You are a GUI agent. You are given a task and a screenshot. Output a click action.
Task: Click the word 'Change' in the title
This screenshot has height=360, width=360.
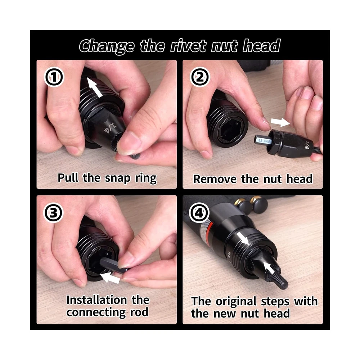click(x=107, y=46)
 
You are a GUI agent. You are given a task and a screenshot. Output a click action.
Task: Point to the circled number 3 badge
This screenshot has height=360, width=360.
click(x=53, y=213)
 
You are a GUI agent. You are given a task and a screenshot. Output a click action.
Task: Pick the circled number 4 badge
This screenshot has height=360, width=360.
click(x=199, y=213)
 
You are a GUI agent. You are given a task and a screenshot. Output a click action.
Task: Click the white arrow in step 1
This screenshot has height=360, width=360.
click(x=95, y=87)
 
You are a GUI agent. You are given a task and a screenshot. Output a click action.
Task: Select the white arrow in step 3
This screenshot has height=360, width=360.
click(x=111, y=277)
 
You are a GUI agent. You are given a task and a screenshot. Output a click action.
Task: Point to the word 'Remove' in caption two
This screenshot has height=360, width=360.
click(x=215, y=179)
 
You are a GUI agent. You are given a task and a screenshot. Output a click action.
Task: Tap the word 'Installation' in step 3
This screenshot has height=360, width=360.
click(x=96, y=300)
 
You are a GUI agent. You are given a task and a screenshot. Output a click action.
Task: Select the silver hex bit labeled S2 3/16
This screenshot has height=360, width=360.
click(x=263, y=140)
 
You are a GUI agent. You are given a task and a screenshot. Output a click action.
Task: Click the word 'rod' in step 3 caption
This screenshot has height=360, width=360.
click(x=139, y=312)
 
